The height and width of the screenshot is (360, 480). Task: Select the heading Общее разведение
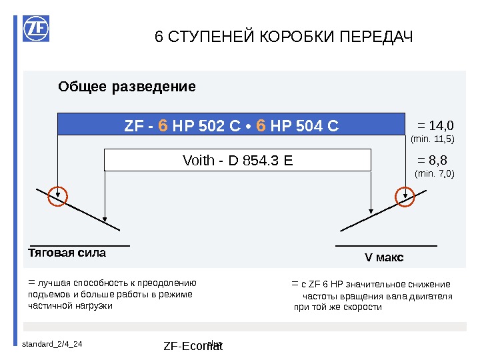(127, 87)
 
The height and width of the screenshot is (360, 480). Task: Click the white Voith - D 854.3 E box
(237, 160)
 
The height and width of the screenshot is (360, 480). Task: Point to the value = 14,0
(435, 125)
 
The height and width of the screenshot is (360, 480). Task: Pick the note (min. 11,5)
(432, 139)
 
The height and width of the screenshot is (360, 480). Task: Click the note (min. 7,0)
(435, 174)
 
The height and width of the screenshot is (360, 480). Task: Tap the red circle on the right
(405, 196)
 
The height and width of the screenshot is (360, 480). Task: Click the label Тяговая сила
(67, 253)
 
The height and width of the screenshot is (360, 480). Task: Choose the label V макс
(384, 257)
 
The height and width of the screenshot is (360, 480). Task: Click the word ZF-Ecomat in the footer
(193, 346)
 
